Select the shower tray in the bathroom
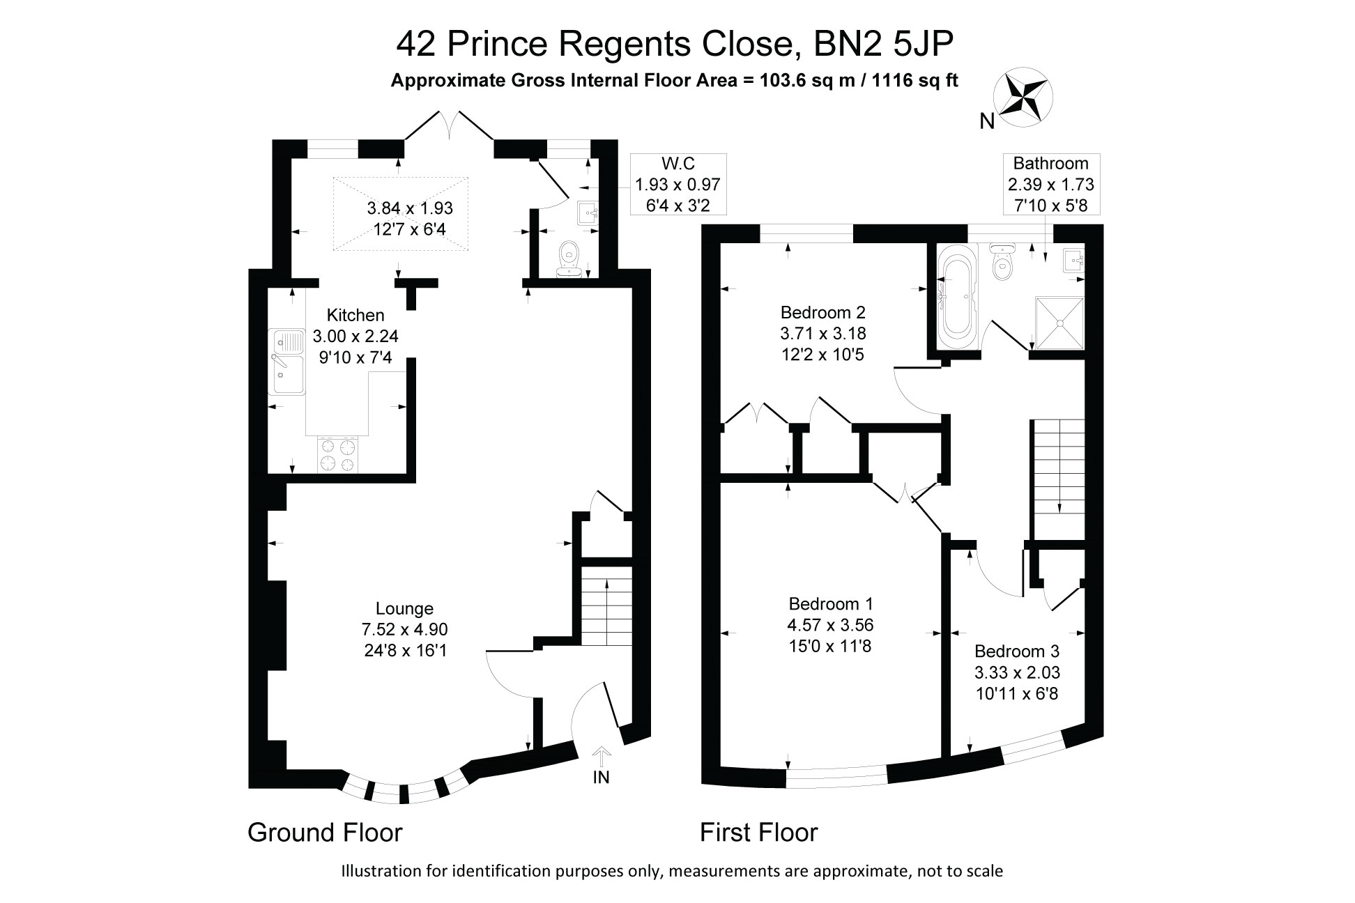tap(1060, 323)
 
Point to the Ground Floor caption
tap(325, 833)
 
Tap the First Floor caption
tap(758, 833)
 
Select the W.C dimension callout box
tap(677, 185)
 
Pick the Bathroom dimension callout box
tap(1050, 185)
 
